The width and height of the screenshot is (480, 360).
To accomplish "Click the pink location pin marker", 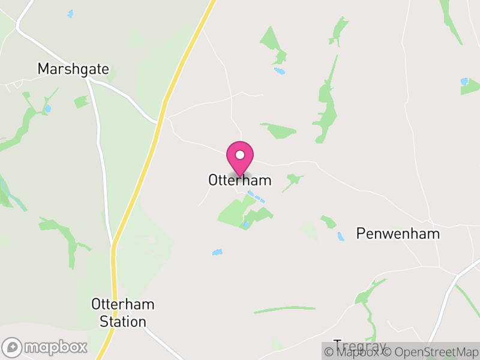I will point(240,158).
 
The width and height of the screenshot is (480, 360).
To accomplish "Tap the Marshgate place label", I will point(73,69).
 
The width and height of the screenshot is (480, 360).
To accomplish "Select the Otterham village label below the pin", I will point(240,180).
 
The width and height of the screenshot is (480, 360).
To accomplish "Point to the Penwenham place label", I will point(398,234).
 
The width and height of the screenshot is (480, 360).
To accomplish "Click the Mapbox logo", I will point(45,347).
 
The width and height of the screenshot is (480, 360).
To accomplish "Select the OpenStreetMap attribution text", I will point(430,352).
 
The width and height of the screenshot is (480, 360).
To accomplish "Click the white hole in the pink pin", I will point(240,155).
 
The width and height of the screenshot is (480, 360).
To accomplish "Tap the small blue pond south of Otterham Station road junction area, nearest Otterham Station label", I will point(217,253).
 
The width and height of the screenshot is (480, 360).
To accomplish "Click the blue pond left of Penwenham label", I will point(341,236).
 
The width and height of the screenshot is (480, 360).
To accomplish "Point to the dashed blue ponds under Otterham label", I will point(256,197).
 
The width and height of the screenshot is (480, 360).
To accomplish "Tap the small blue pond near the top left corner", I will point(70,13).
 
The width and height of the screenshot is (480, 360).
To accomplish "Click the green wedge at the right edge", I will point(470,88).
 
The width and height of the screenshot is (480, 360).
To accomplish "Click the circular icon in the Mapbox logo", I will point(13,347).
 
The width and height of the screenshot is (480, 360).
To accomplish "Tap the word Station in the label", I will point(122,322).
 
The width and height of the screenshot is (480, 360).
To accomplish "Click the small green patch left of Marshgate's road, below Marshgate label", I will point(81,102).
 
